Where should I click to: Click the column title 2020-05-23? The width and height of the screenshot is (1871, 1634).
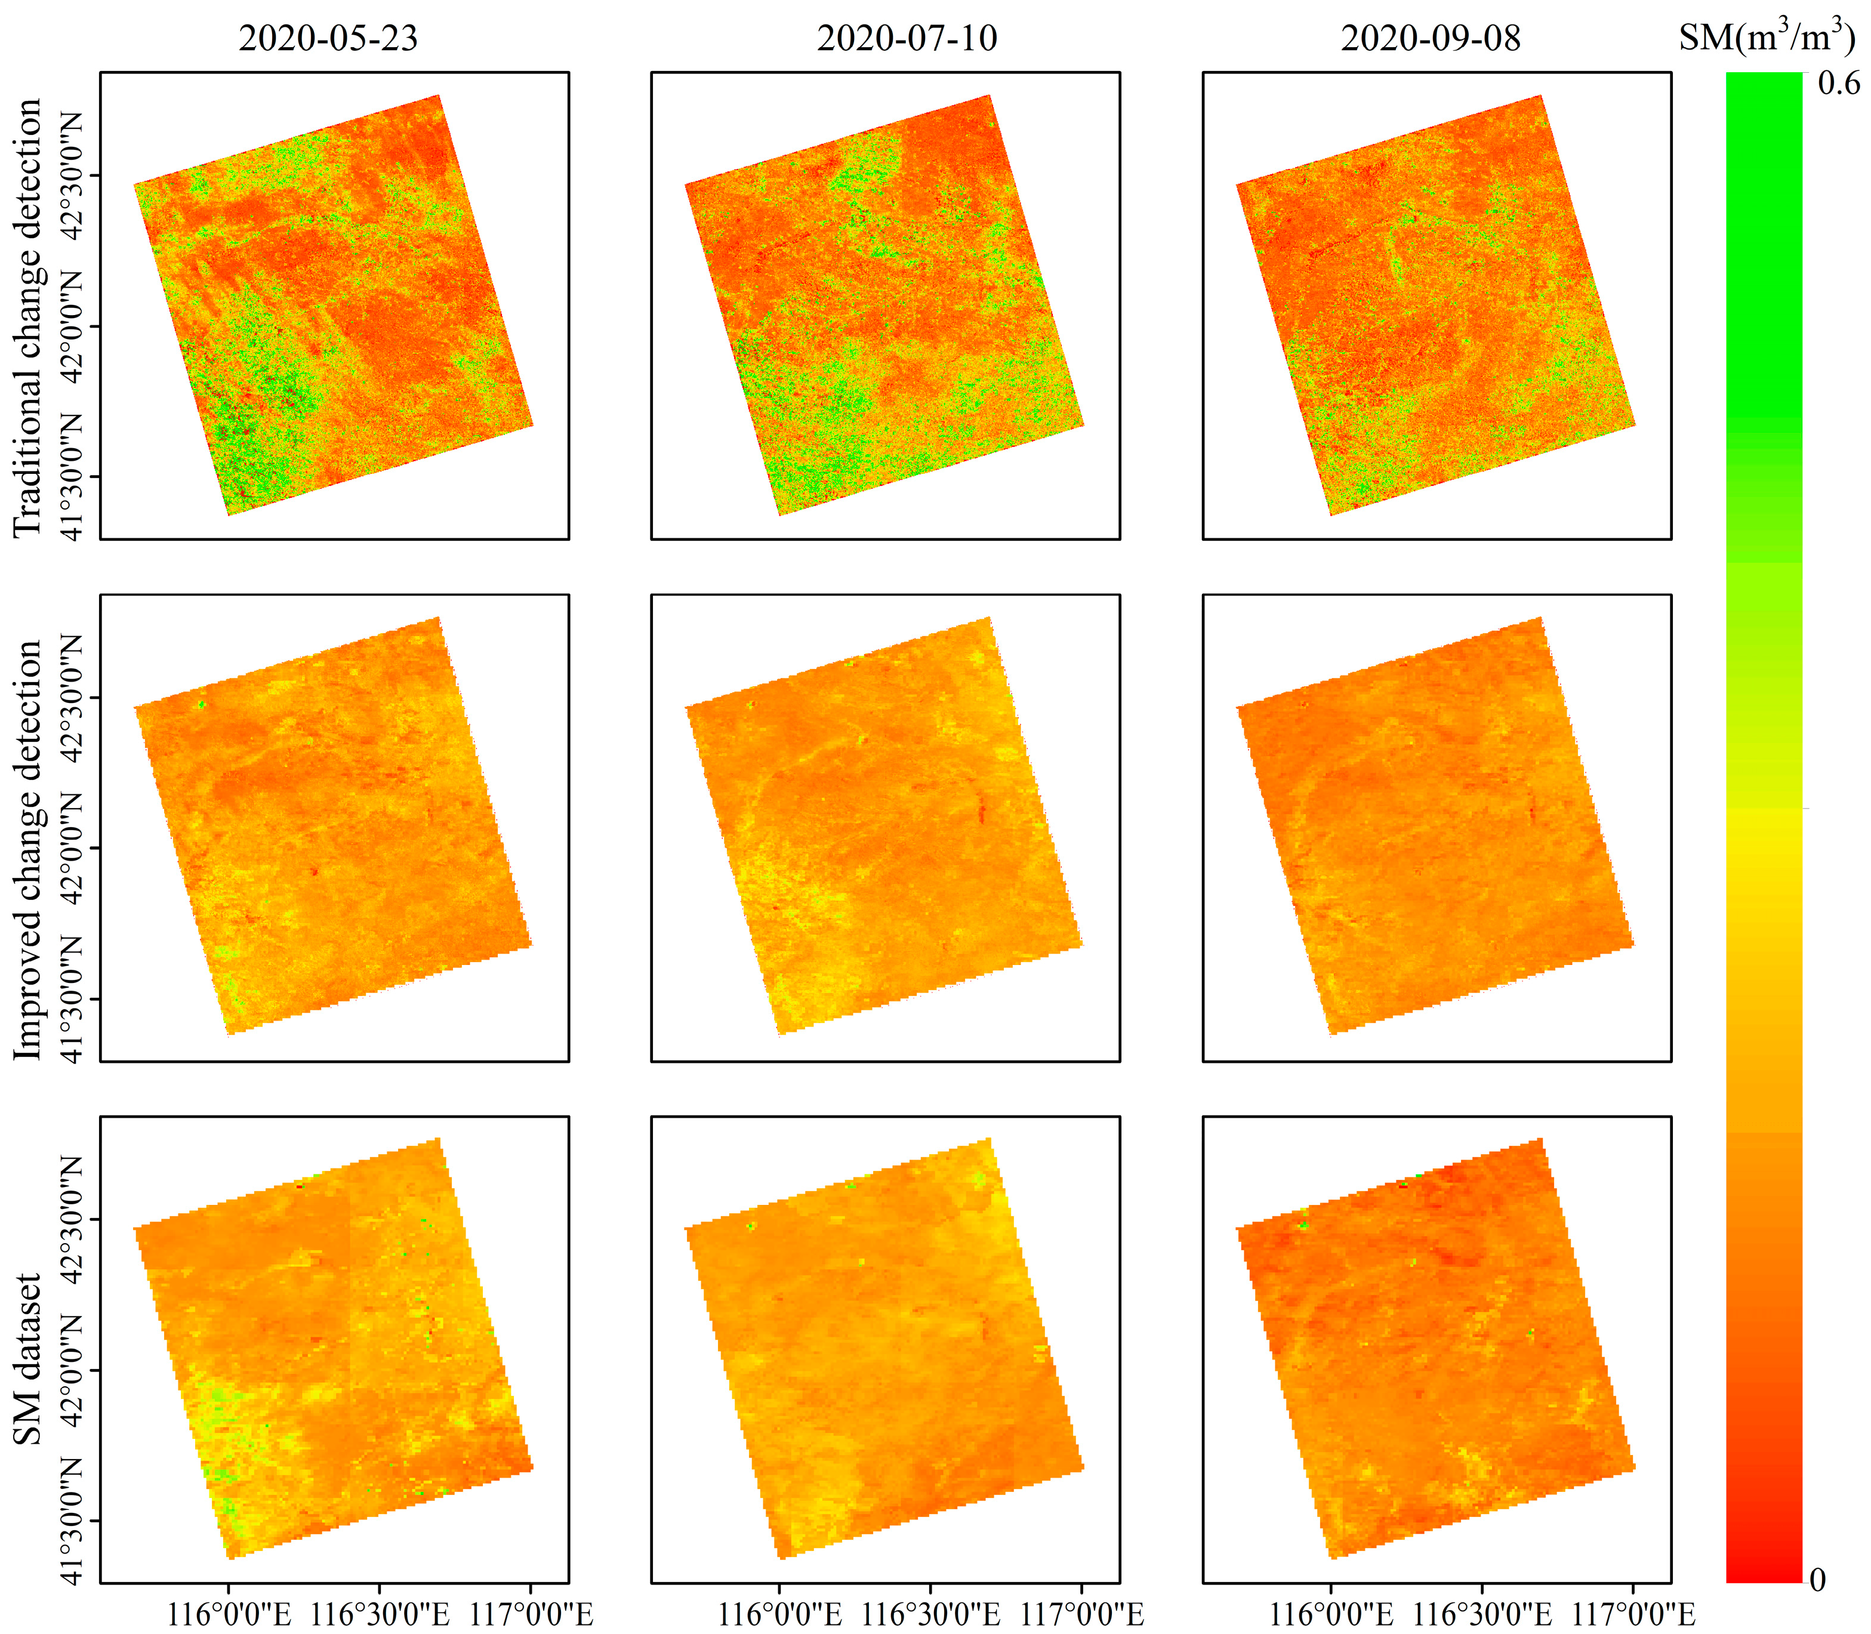(x=328, y=38)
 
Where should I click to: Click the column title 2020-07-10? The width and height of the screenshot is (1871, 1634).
(x=907, y=38)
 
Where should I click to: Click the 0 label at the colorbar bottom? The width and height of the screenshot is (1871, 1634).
(x=1817, y=1579)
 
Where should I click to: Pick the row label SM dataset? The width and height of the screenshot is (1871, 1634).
(x=27, y=1359)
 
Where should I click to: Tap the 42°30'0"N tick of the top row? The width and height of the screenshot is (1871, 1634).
(x=71, y=175)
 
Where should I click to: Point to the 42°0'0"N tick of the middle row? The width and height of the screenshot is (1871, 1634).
(x=71, y=848)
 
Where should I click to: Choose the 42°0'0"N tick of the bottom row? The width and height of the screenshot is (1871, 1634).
(x=71, y=1370)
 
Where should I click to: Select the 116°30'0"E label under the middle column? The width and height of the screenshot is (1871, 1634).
(x=930, y=1613)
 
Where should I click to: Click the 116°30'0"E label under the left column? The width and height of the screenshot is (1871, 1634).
(x=380, y=1613)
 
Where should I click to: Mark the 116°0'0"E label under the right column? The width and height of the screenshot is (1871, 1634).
(x=1331, y=1613)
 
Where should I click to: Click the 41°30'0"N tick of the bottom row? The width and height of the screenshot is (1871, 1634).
(x=71, y=1520)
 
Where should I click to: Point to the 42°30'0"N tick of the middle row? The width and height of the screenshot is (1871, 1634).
(x=71, y=698)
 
